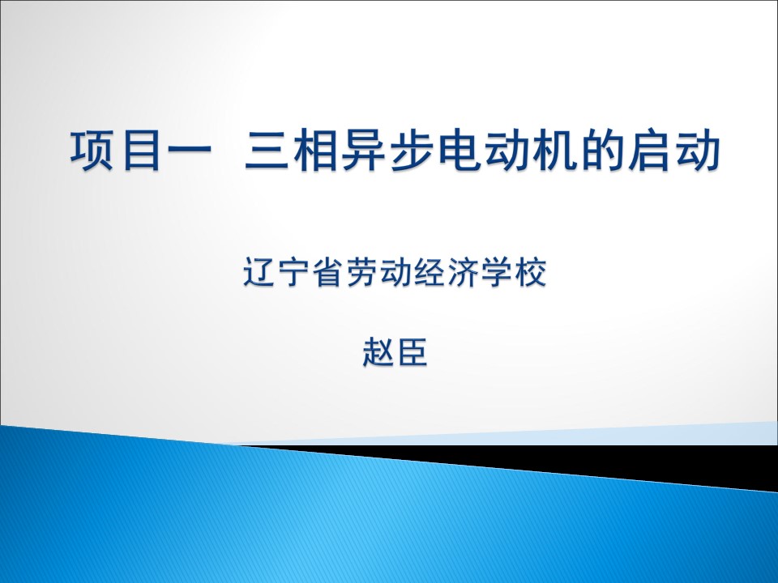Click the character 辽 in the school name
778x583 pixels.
(x=259, y=272)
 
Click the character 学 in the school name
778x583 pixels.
(x=497, y=272)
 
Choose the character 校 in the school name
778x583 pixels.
(x=530, y=272)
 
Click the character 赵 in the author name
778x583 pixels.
(x=378, y=352)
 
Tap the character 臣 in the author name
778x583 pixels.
(x=413, y=352)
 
